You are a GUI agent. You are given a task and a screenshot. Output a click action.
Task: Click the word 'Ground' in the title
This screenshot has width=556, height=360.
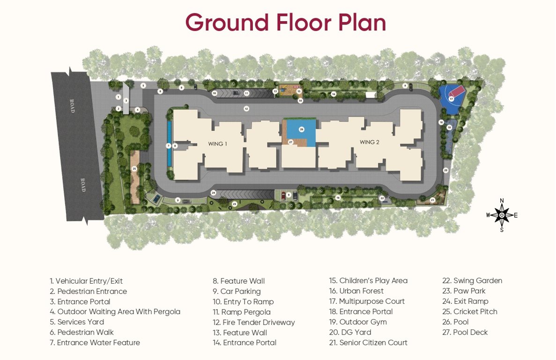[227, 22]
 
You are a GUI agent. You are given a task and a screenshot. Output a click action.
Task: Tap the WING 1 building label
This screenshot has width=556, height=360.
[217, 144]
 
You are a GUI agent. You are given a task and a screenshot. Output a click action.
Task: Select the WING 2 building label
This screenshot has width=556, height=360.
[369, 142]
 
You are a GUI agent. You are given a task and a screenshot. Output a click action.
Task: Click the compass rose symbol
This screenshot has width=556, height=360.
[502, 215]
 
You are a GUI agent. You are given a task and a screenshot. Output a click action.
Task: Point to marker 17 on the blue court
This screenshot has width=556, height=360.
[451, 99]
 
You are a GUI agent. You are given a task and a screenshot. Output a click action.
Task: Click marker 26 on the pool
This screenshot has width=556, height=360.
[302, 129]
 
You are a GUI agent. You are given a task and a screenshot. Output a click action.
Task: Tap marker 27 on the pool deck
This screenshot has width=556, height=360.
[290, 142]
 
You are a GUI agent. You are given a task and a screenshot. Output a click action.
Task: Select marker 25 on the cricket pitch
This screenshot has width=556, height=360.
[134, 168]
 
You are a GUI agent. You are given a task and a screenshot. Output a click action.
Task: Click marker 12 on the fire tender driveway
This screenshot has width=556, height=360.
[246, 109]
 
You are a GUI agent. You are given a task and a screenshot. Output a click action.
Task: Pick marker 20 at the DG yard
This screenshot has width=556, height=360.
[445, 170]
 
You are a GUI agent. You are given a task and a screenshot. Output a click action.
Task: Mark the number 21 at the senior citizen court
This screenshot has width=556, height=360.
[432, 200]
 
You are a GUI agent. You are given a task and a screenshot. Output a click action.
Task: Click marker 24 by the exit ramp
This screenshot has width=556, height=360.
[213, 193]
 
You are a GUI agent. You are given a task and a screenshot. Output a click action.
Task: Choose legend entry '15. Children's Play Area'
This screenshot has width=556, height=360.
[368, 281]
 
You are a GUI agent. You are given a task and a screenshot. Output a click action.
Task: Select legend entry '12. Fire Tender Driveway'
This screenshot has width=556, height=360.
[253, 322]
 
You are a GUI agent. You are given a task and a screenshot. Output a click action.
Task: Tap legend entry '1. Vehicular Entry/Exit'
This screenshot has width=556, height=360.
[86, 281]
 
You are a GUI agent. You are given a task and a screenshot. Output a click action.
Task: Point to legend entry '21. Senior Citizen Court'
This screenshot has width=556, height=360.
[368, 343]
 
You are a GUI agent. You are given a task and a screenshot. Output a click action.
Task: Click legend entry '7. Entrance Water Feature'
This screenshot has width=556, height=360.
[95, 343]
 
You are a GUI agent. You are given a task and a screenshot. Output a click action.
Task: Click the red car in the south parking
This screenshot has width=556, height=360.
[283, 196]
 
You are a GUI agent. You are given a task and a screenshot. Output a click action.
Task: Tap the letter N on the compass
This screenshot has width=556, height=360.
[502, 201]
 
